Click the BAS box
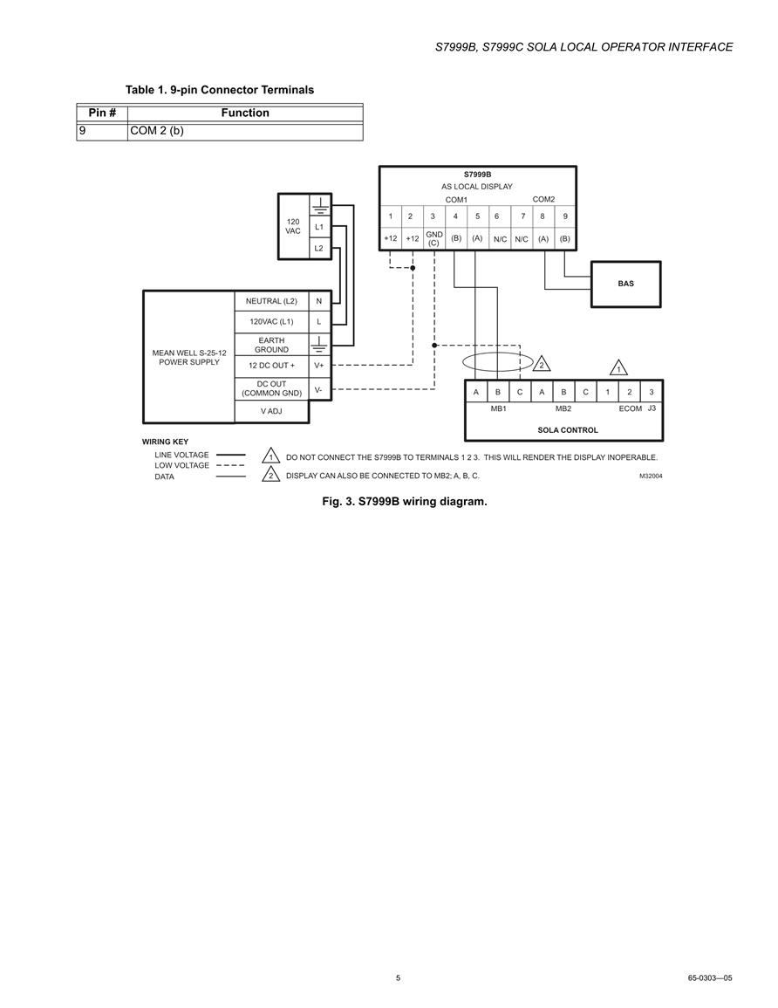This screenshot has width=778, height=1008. [625, 285]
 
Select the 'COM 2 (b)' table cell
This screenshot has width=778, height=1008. [245, 131]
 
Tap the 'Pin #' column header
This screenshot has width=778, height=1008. [102, 113]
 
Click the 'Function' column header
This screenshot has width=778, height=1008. [245, 113]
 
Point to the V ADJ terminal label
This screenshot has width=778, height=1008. [271, 411]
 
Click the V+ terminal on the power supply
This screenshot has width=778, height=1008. [319, 366]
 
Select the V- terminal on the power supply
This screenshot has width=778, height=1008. [318, 389]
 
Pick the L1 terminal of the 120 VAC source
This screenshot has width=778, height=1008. [319, 227]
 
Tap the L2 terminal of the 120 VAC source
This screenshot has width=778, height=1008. [319, 248]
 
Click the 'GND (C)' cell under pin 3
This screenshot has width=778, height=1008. [433, 238]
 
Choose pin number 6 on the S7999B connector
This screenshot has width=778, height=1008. [496, 216]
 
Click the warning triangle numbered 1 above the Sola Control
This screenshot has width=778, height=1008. [618, 368]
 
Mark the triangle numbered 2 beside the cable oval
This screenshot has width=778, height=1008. [542, 364]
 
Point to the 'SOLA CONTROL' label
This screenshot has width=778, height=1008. [568, 430]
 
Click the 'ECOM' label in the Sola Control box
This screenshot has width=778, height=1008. [631, 408]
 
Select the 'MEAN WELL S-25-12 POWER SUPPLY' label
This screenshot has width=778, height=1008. [189, 358]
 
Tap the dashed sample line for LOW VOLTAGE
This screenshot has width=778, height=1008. [230, 465]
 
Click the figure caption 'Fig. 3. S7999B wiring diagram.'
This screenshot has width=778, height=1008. [405, 502]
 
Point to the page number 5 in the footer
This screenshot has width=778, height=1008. [399, 977]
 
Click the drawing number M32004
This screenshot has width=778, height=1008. [651, 477]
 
